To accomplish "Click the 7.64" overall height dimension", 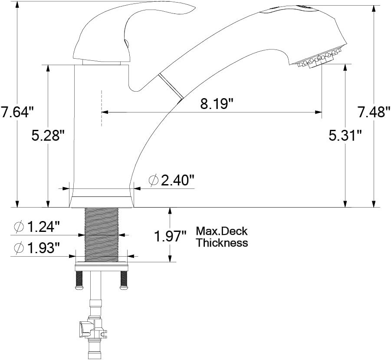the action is (17, 112).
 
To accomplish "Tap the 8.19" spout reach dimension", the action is (217, 104).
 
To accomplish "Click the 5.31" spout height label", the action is (345, 135).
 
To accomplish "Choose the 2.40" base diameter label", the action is (177, 180).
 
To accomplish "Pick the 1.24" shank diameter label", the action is (43, 226).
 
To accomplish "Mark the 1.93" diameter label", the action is (43, 248).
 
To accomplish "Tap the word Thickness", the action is (222, 243).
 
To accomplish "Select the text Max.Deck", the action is (221, 231).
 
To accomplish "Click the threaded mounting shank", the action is (102, 234).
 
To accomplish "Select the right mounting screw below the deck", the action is (124, 280).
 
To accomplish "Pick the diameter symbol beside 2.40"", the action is (153, 180).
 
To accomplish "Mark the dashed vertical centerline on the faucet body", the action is (101, 109).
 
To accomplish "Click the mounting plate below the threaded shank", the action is (102, 267).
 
